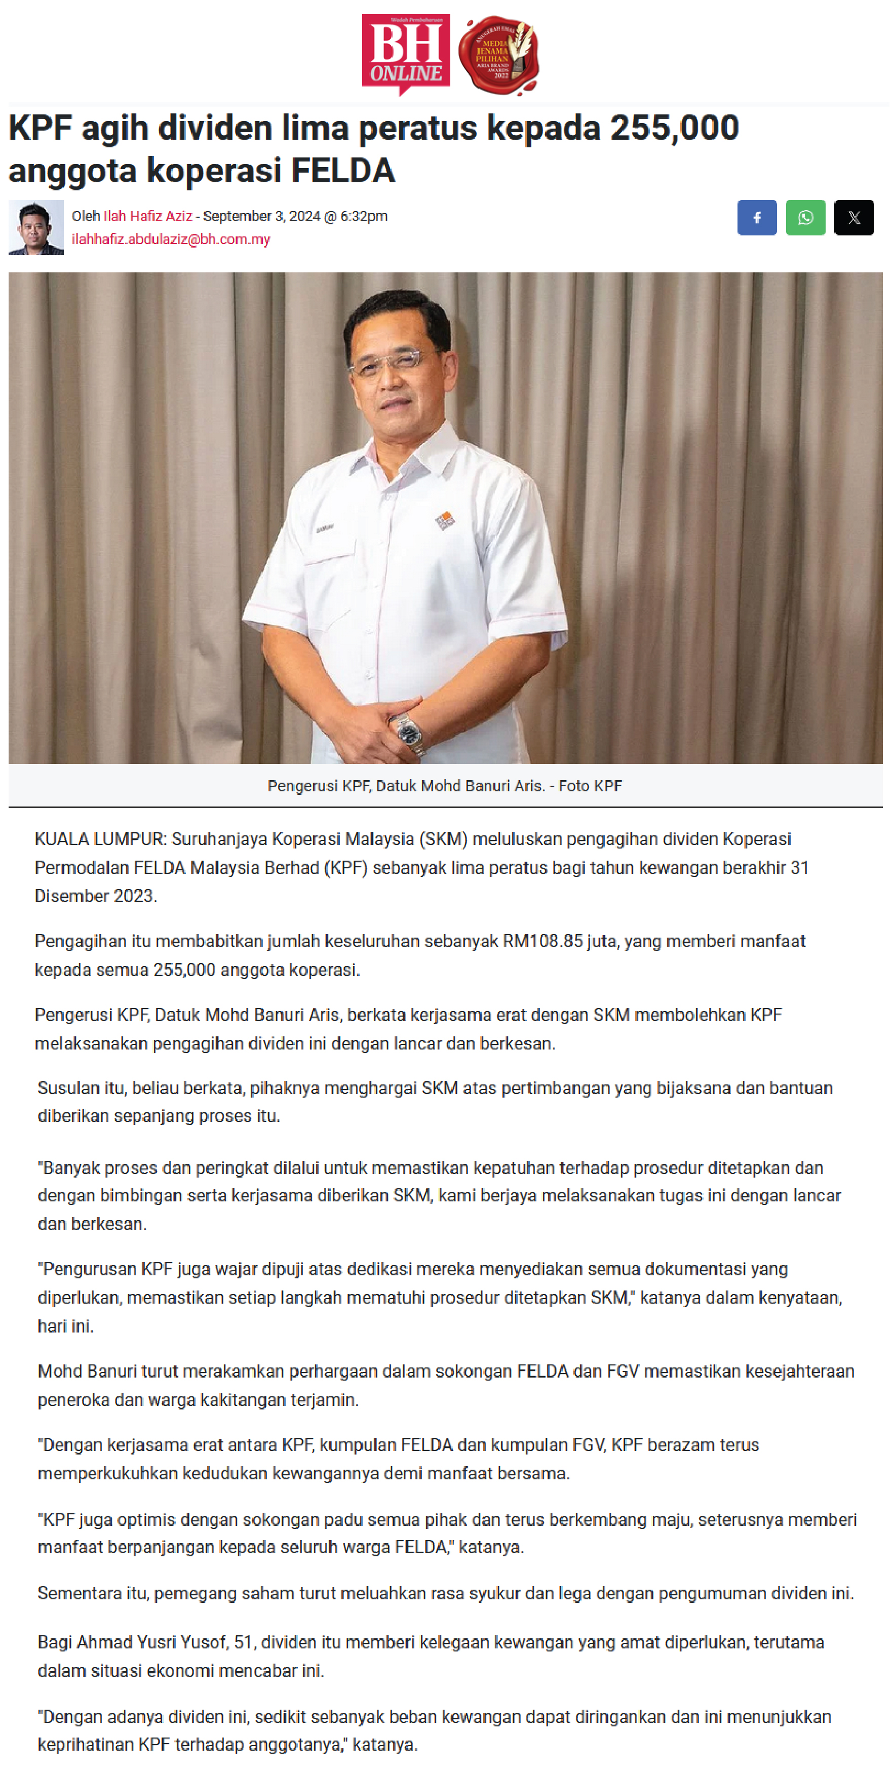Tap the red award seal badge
click(498, 56)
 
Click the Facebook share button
click(756, 218)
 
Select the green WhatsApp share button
click(805, 218)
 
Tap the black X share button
click(853, 218)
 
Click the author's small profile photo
click(36, 227)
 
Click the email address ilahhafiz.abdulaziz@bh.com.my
click(171, 240)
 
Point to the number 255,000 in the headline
click(674, 128)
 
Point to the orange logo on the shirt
click(445, 520)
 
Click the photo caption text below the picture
click(445, 786)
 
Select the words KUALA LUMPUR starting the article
click(100, 839)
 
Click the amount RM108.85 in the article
click(542, 942)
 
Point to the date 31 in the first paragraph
click(799, 868)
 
